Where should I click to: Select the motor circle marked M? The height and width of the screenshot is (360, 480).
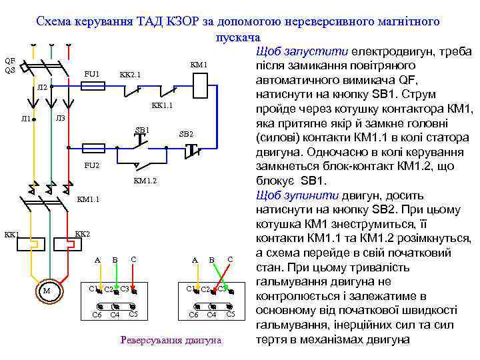pos(47,291)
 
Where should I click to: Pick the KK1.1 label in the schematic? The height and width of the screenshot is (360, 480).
pos(162,105)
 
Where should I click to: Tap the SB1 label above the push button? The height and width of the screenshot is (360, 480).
pos(142,129)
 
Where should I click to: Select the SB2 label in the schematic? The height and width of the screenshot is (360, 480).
pos(186,135)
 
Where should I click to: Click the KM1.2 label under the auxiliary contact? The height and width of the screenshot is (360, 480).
pos(145,181)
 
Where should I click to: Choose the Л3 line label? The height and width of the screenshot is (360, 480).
pos(60,118)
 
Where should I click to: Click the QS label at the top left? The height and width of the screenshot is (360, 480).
pos(9,70)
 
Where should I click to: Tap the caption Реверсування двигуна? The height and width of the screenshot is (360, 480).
pos(171,340)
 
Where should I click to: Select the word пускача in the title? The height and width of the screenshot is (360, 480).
pos(237,36)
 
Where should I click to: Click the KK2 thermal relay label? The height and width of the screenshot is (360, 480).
pos(82,235)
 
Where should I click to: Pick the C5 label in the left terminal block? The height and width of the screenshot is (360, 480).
pos(133,314)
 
